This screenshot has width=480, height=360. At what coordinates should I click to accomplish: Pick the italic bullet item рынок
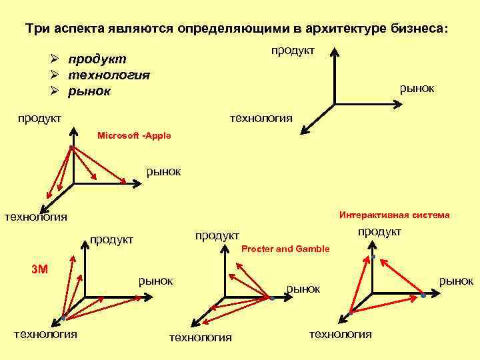tap(93, 91)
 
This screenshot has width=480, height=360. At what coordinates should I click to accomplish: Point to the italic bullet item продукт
tap(101, 60)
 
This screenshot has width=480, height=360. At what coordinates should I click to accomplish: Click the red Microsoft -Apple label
tap(134, 135)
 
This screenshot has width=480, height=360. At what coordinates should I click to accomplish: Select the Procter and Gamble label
tap(285, 249)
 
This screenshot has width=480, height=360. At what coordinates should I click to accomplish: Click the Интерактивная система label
tap(394, 215)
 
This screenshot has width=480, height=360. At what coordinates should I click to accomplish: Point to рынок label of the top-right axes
tap(417, 87)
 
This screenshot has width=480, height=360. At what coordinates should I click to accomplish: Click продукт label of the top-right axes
tap(293, 51)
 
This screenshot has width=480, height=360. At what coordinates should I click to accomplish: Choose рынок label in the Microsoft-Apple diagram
tap(164, 171)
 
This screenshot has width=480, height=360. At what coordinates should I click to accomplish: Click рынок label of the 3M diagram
tap(155, 281)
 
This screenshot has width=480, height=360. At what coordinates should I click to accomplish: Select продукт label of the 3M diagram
tap(111, 239)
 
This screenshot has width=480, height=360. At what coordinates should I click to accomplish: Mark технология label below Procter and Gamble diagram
tap(201, 337)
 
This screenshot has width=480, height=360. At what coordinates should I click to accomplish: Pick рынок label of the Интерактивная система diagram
tap(456, 281)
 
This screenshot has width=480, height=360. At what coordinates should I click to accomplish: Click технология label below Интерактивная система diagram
tap(341, 334)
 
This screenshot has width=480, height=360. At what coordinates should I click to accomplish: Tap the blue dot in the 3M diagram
tap(64, 315)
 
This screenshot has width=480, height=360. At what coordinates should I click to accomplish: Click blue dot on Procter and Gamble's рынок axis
tap(273, 298)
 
